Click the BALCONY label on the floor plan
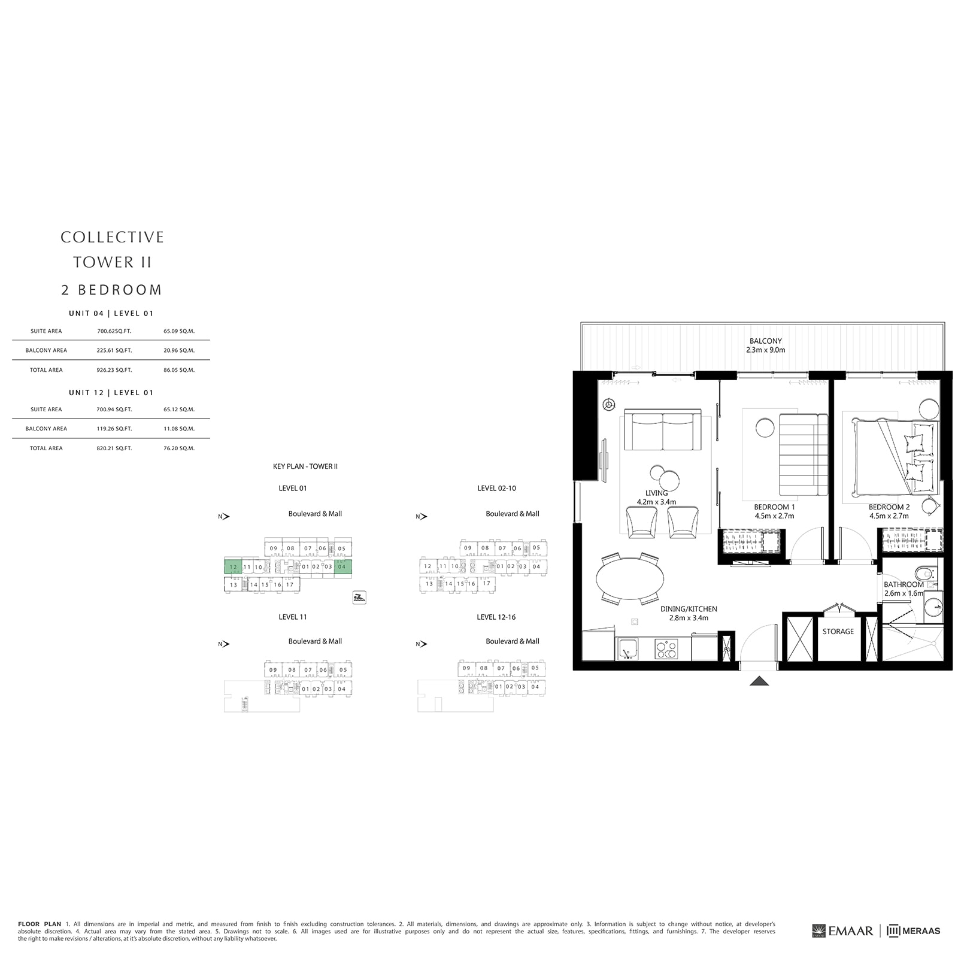click(765, 341)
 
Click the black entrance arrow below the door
click(759, 680)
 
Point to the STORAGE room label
click(838, 631)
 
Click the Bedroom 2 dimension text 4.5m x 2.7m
click(889, 516)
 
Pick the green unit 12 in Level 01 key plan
click(233, 567)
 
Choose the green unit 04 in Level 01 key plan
click(342, 566)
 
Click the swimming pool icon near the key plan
click(359, 597)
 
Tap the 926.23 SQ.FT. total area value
click(114, 370)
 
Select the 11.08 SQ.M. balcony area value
click(178, 429)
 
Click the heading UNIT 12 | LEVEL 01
click(111, 393)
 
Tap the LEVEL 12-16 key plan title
click(496, 617)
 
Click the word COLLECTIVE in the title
click(112, 237)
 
